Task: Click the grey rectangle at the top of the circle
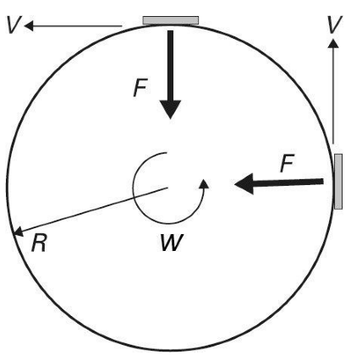(x=171, y=20)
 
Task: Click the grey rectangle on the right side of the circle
(x=338, y=182)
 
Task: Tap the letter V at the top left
(x=13, y=25)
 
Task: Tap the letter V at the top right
(x=335, y=25)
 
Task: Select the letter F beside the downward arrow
(x=140, y=88)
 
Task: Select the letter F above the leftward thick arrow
(x=288, y=163)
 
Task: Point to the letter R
(x=39, y=243)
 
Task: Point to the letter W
(x=172, y=243)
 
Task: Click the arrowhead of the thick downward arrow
(x=170, y=109)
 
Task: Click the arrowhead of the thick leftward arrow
(x=244, y=183)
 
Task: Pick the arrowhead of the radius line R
(x=18, y=231)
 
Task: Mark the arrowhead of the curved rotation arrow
(x=204, y=183)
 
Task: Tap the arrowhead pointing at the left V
(x=29, y=26)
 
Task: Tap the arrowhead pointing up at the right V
(x=333, y=43)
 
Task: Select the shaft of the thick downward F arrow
(x=170, y=65)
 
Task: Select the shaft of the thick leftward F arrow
(x=288, y=183)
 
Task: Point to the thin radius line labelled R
(x=90, y=210)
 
